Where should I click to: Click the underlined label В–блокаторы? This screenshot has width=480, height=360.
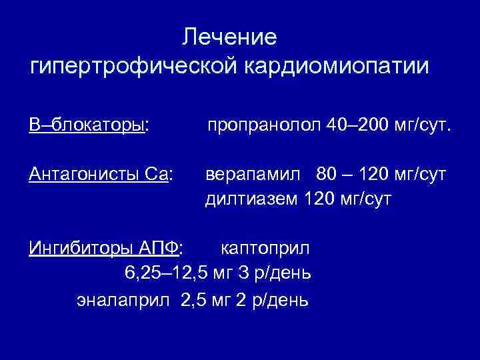87,125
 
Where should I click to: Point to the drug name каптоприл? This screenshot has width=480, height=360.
265,249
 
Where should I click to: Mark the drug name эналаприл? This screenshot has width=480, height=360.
126,299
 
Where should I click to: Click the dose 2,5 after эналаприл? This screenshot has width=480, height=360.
195,299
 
